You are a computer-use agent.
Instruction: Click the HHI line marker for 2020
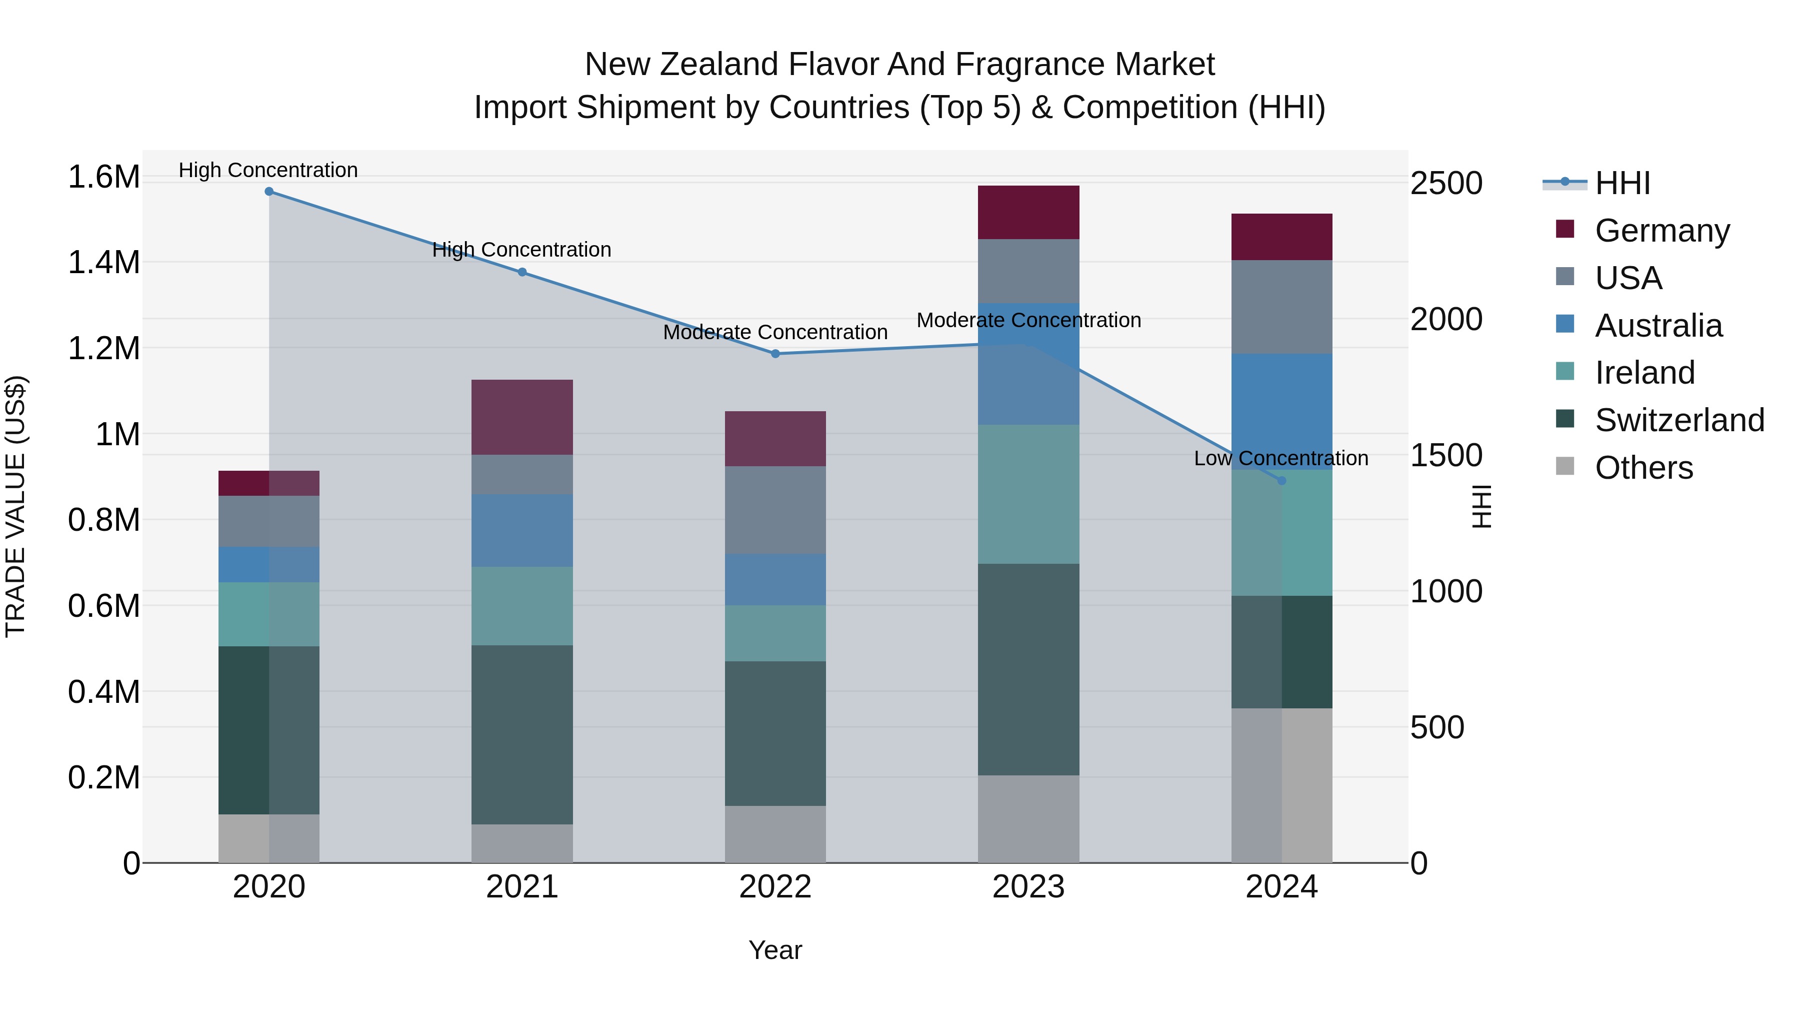[x=269, y=192]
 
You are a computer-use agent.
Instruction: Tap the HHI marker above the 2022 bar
[x=775, y=354]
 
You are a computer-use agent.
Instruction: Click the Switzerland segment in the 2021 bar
[x=522, y=734]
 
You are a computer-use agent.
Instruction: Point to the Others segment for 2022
[x=775, y=834]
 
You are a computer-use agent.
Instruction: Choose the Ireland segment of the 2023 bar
[x=1028, y=494]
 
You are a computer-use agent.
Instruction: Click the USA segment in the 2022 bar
[x=775, y=510]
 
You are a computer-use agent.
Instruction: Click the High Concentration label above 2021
[x=521, y=250]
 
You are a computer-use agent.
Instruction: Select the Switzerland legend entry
[x=1679, y=420]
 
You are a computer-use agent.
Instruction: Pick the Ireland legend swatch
[x=1565, y=372]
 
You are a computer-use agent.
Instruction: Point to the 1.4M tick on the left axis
[x=103, y=263]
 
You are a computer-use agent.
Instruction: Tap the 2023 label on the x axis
[x=1028, y=887]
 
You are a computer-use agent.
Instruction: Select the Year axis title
[x=775, y=950]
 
